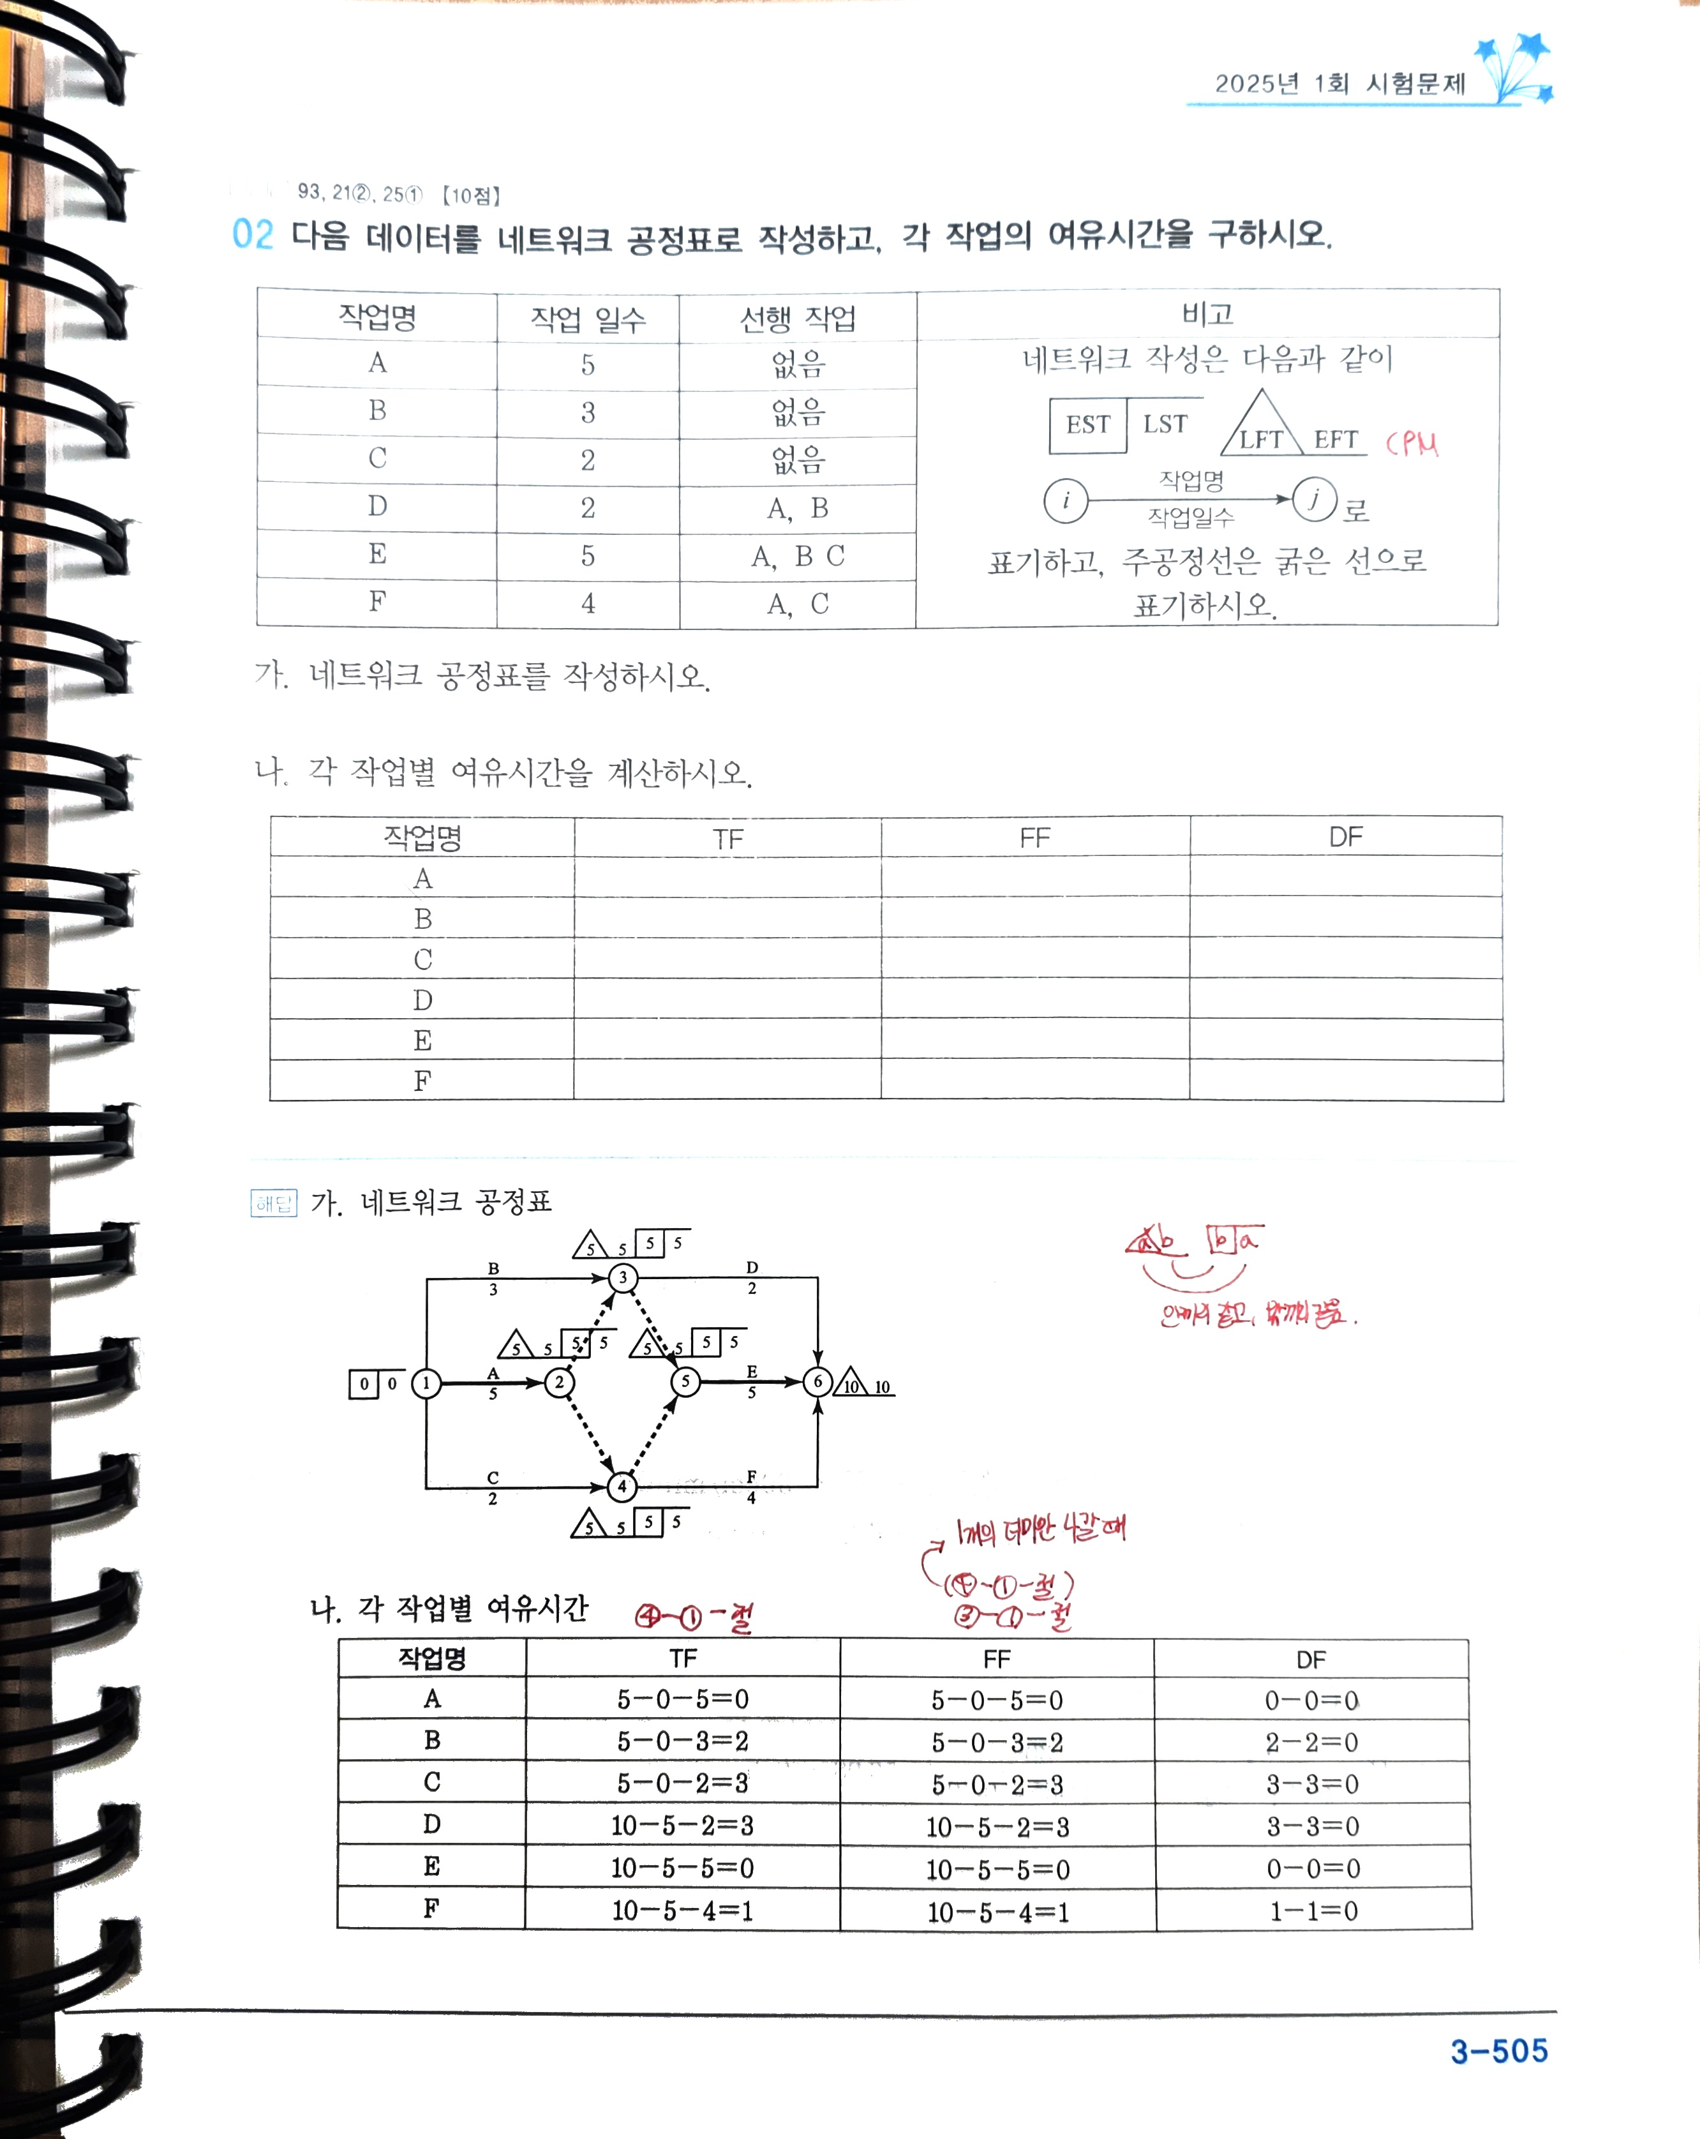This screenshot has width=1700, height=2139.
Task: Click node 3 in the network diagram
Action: click(x=623, y=1277)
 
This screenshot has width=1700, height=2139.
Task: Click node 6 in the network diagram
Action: click(x=817, y=1381)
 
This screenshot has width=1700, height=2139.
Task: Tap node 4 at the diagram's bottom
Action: click(x=622, y=1486)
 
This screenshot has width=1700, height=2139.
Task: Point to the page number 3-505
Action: click(x=1498, y=2051)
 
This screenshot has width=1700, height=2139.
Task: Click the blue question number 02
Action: click(x=252, y=235)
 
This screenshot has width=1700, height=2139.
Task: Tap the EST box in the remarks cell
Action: click(x=1088, y=424)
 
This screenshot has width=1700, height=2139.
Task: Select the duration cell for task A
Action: click(x=588, y=364)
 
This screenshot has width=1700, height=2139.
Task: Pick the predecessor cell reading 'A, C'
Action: click(x=798, y=603)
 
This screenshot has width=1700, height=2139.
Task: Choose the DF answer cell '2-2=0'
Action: click(x=1311, y=1742)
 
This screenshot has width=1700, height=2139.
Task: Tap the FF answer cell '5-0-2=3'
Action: click(x=997, y=1785)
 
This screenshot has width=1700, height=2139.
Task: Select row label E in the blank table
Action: click(x=422, y=1040)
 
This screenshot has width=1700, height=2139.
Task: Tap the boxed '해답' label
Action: click(x=274, y=1203)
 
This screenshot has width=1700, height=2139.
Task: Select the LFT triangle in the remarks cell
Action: click(x=1262, y=426)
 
